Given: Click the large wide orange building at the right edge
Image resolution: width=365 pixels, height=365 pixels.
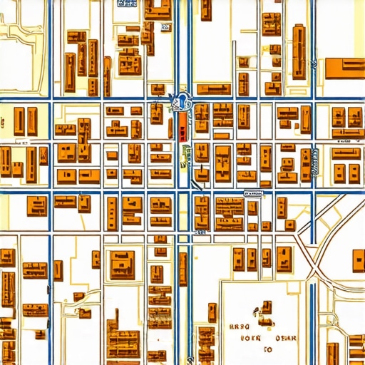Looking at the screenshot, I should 345,68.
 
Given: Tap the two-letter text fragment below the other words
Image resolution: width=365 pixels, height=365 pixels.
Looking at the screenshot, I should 269,350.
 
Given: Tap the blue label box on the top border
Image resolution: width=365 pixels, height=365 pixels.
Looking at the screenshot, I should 128,3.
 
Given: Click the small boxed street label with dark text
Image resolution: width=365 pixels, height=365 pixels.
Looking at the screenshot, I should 254,192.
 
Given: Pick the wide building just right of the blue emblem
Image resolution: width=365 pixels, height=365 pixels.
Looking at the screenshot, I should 212,89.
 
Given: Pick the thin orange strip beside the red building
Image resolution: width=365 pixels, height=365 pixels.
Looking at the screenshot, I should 171,128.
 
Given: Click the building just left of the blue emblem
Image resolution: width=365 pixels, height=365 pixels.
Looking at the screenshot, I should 158,113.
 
